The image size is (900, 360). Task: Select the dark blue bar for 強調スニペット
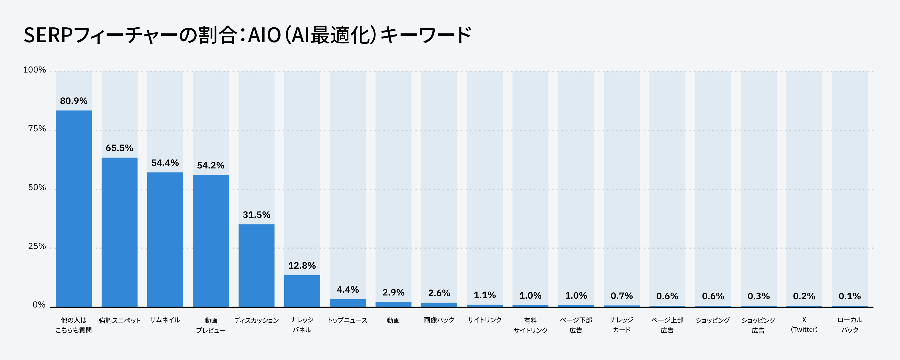[x=120, y=232]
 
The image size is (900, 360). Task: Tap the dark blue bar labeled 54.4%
[x=165, y=240]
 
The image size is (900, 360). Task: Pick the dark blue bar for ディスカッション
[x=257, y=266]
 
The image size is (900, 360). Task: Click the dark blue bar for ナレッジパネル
[x=302, y=291]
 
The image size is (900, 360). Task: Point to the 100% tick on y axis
[x=34, y=70]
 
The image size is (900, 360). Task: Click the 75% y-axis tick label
[x=37, y=129]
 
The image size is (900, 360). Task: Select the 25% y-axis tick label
[x=37, y=246]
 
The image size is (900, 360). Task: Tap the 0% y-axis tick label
[x=39, y=305]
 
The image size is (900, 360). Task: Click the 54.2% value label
[x=211, y=165]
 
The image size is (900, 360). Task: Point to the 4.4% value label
[x=348, y=289]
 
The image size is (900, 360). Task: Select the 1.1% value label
[x=485, y=295]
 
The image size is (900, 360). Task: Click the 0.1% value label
[x=850, y=296]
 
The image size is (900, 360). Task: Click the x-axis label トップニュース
[x=348, y=320]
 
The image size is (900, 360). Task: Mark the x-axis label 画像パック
[x=439, y=320]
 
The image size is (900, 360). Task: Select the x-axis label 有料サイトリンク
[x=530, y=325]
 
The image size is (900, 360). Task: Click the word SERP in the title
[x=48, y=35]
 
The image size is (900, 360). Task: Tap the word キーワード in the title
[x=425, y=35]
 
